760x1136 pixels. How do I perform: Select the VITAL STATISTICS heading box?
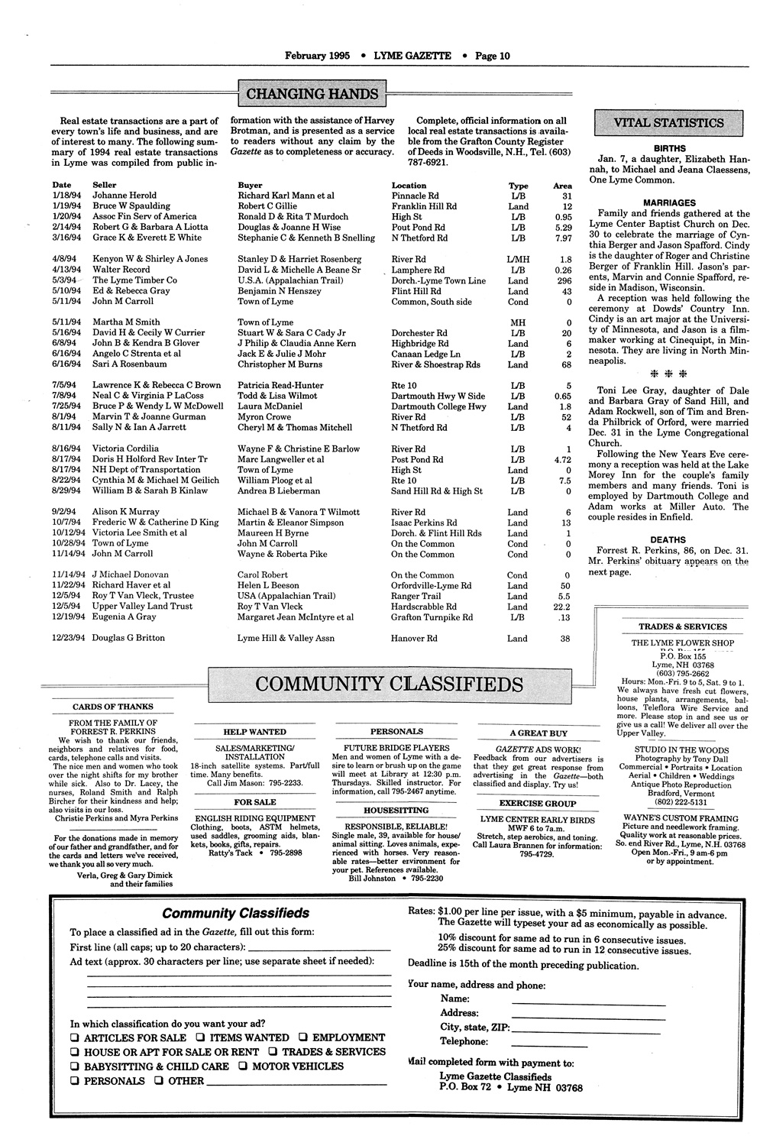click(668, 122)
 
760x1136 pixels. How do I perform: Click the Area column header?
click(562, 185)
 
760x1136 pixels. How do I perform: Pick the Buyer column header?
click(250, 185)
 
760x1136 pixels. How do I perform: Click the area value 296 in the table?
click(564, 280)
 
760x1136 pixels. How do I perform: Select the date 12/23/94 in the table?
click(67, 638)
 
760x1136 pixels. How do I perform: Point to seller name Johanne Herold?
click(125, 196)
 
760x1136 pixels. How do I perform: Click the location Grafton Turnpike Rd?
click(432, 617)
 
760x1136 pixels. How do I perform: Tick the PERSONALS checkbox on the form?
click(75, 1081)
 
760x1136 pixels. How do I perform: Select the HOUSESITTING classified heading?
click(396, 810)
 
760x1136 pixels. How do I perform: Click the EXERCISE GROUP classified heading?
click(538, 804)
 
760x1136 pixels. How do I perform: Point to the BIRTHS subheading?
click(669, 148)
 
